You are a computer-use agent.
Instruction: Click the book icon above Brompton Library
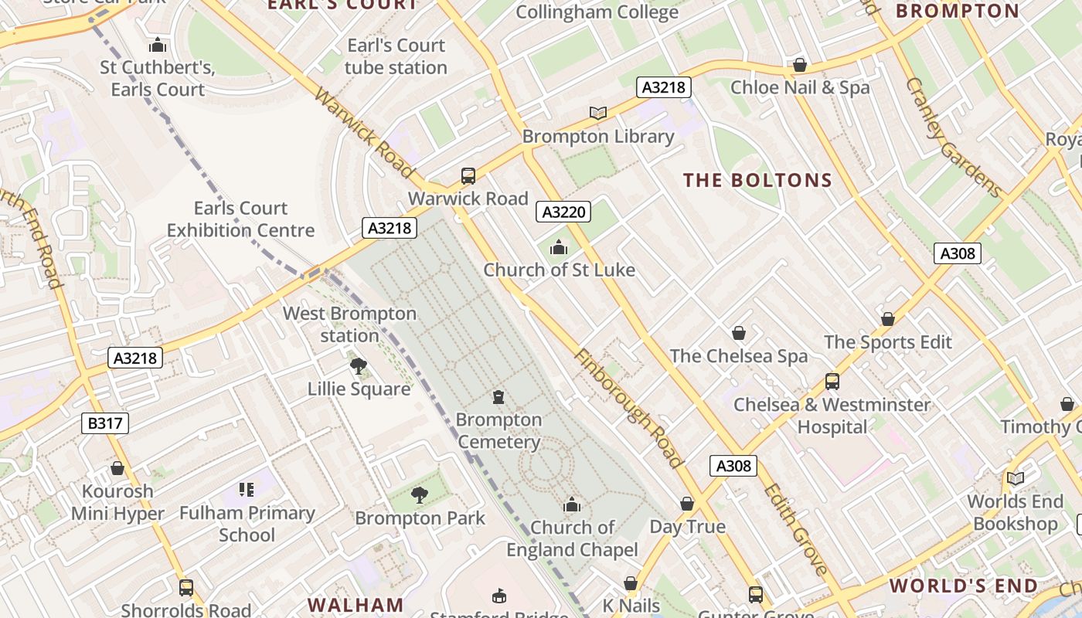tap(597, 113)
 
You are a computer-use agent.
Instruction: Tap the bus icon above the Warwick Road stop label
tap(468, 175)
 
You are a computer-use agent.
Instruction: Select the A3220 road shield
tap(563, 212)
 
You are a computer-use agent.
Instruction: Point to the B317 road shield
tap(104, 423)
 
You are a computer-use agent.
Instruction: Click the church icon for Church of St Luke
tap(558, 247)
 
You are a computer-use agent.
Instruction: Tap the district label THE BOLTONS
tap(757, 181)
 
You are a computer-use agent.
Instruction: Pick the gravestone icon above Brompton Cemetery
tap(498, 397)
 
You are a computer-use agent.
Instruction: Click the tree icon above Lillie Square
tap(358, 365)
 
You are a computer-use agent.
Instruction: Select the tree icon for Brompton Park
tap(419, 494)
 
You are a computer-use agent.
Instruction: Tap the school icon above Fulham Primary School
tap(247, 489)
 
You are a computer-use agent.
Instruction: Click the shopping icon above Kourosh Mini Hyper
tap(117, 468)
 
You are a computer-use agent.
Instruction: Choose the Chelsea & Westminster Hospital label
tap(832, 416)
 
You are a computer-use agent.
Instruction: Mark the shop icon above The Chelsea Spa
tap(739, 333)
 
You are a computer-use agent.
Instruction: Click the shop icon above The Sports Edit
tap(888, 319)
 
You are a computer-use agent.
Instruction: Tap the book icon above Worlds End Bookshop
tap(1015, 478)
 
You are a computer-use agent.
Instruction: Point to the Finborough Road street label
tap(628, 409)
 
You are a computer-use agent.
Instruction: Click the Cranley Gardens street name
tap(953, 138)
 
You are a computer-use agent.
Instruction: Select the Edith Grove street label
tap(795, 529)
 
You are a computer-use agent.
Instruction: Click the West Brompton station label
tap(349, 324)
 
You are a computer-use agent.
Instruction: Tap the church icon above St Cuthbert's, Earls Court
tap(158, 45)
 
